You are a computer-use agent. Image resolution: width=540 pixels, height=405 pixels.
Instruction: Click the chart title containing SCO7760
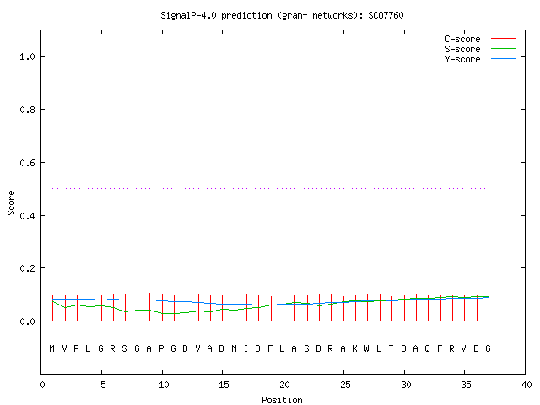point(282,15)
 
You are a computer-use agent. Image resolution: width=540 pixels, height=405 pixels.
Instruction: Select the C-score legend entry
point(480,39)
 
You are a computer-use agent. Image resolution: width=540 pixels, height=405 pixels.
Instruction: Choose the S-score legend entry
point(480,49)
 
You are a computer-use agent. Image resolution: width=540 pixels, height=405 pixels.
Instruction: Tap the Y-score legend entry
point(480,59)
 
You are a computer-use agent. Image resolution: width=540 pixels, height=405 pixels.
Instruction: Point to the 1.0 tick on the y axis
point(27,57)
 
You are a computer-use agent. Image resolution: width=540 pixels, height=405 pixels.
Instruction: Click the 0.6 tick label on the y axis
point(27,163)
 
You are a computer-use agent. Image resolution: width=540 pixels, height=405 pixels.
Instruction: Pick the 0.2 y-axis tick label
point(27,268)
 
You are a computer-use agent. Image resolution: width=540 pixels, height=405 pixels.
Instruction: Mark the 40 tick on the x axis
point(526,385)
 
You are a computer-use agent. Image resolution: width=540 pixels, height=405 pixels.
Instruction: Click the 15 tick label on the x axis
point(224,385)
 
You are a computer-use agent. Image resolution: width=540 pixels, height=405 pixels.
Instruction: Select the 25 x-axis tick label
point(345,385)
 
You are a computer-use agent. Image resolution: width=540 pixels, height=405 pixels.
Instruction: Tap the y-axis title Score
point(11,202)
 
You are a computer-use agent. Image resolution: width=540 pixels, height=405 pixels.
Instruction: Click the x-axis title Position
point(282,400)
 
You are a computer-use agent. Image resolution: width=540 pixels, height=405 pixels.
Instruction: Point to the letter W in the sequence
point(366,348)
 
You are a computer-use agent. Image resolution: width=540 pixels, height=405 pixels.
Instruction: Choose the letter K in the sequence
point(354,348)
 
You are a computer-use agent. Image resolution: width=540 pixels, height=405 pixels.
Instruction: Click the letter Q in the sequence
point(428,348)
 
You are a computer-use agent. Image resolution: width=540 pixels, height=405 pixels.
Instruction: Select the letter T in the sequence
point(391,348)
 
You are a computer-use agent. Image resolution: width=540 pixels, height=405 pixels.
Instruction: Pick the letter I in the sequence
point(246,348)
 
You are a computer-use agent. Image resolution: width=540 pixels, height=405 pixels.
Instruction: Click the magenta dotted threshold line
point(271,188)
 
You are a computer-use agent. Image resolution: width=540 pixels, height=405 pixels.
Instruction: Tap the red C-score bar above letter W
point(368,308)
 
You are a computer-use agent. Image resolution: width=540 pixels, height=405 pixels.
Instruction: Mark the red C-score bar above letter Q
point(428,308)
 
